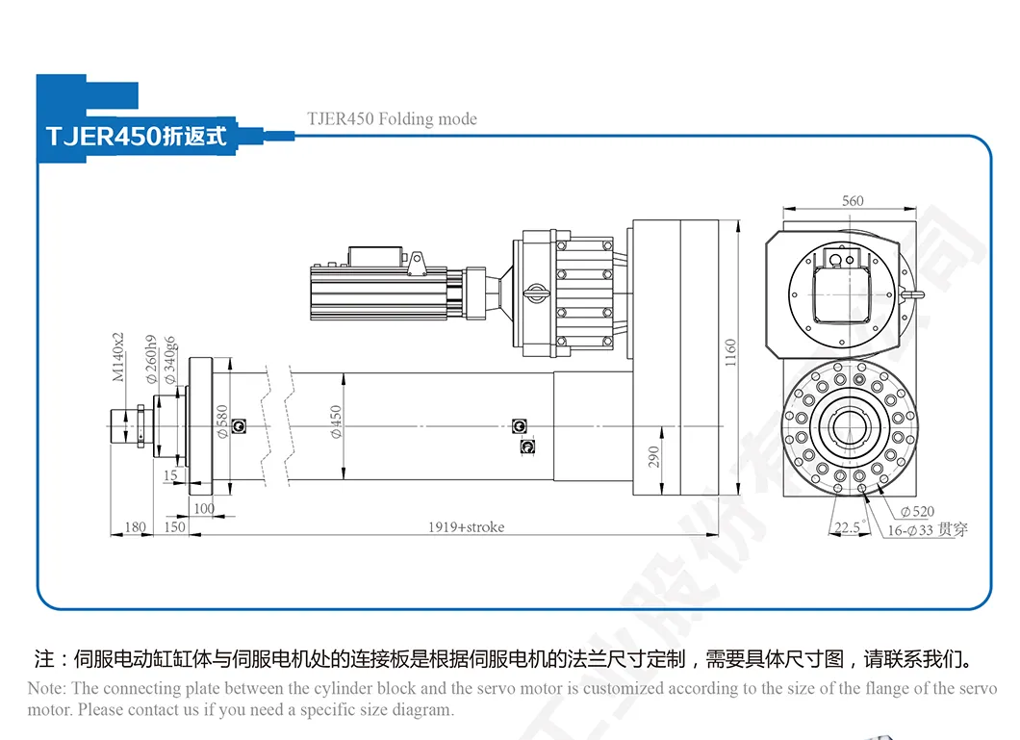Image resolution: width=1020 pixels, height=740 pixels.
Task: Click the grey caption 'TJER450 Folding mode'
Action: [392, 119]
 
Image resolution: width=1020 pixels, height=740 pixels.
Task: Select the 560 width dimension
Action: [853, 201]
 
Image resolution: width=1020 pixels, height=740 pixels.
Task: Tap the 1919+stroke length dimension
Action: [466, 527]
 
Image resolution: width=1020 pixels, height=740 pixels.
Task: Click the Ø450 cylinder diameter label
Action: [336, 421]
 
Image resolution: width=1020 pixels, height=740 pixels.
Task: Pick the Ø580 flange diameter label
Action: [221, 421]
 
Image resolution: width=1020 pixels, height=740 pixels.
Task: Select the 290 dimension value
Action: [653, 455]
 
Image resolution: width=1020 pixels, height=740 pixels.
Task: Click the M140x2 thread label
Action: [118, 357]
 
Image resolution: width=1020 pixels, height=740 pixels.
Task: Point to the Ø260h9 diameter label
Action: [151, 359]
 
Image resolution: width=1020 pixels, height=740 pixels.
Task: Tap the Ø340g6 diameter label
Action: [170, 359]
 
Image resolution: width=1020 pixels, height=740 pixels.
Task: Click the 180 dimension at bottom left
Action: [136, 527]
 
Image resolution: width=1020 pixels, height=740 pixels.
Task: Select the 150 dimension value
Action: [174, 527]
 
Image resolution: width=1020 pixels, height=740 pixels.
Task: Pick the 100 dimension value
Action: [204, 508]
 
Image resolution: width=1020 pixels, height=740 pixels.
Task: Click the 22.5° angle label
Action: [848, 527]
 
